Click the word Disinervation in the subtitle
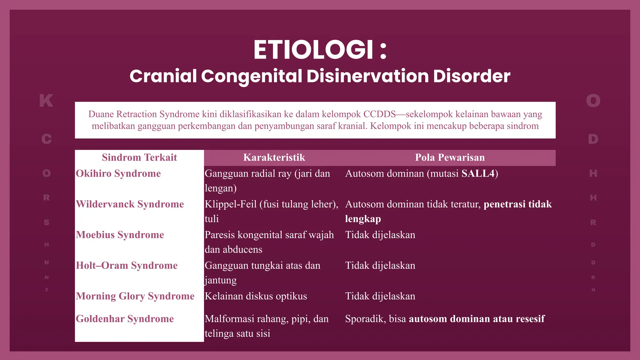point(367,76)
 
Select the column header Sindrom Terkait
point(139,157)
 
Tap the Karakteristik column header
point(274,157)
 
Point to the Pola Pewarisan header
point(450,157)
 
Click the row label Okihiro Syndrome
point(118,174)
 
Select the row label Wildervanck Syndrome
point(130,204)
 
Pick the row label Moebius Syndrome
point(120,235)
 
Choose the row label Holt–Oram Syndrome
point(127,266)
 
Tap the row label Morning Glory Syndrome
point(135,296)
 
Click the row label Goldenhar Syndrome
point(125,319)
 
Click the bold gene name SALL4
point(478,174)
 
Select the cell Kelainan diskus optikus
point(256,296)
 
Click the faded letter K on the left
point(46,101)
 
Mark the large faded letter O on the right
point(593,101)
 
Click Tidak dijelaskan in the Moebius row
point(380,235)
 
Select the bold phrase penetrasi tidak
point(517,204)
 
